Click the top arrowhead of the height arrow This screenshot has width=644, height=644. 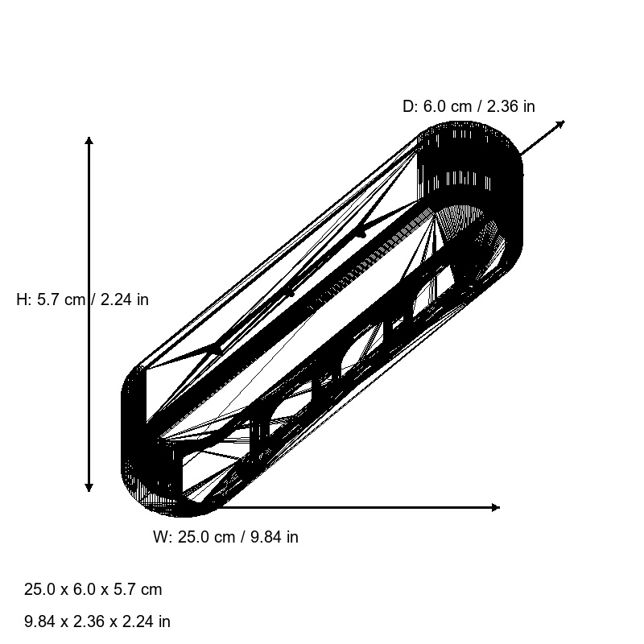[x=89, y=141]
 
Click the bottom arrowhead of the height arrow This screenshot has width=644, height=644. [x=89, y=487]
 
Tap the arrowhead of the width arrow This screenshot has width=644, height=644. [x=496, y=507]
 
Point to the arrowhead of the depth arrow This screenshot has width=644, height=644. [x=560, y=123]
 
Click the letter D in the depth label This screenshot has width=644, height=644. [x=408, y=106]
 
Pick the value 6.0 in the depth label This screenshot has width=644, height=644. [x=436, y=106]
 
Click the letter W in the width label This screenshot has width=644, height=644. [x=160, y=537]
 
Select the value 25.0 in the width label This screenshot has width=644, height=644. [x=194, y=537]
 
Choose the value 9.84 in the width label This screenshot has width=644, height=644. [x=266, y=537]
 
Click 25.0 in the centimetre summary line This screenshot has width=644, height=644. [x=39, y=589]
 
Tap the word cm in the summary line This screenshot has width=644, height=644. [x=151, y=589]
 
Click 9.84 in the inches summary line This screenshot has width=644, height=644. [x=39, y=621]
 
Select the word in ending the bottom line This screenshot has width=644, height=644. [x=164, y=621]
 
